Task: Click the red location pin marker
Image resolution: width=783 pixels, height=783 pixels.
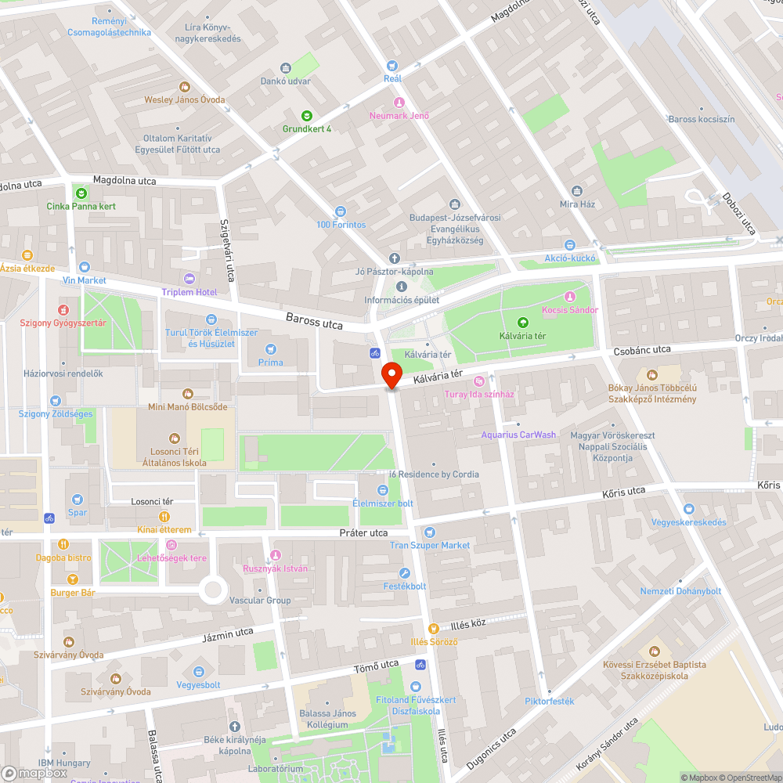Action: pyautogui.click(x=391, y=375)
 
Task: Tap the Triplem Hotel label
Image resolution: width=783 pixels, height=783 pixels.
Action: pyautogui.click(x=189, y=292)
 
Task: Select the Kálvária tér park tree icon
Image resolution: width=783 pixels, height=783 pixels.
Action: pyautogui.click(x=523, y=322)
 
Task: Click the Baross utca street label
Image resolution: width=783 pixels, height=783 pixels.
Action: pyautogui.click(x=314, y=321)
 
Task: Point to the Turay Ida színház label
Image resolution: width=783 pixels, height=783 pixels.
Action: pyautogui.click(x=479, y=394)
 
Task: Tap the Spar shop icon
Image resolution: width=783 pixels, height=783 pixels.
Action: pyautogui.click(x=77, y=499)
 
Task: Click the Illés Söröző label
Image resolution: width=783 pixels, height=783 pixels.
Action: pyautogui.click(x=434, y=641)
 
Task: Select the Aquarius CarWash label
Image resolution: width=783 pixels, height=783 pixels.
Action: pyautogui.click(x=518, y=435)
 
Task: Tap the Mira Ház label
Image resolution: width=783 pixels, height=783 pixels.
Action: pyautogui.click(x=577, y=204)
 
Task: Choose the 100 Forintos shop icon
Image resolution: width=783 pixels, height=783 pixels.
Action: pyautogui.click(x=341, y=211)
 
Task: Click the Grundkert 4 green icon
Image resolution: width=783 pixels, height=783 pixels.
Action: pyautogui.click(x=307, y=115)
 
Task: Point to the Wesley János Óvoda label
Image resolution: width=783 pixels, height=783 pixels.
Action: pyautogui.click(x=184, y=99)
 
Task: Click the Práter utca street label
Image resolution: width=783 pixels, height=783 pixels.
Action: pyautogui.click(x=363, y=532)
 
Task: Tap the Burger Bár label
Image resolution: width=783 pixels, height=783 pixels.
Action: pyautogui.click(x=73, y=593)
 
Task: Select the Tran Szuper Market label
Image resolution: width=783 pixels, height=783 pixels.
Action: pyautogui.click(x=430, y=545)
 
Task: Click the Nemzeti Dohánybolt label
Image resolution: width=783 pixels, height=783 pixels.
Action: pyautogui.click(x=680, y=591)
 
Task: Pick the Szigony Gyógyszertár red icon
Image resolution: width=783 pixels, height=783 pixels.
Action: pyautogui.click(x=63, y=310)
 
